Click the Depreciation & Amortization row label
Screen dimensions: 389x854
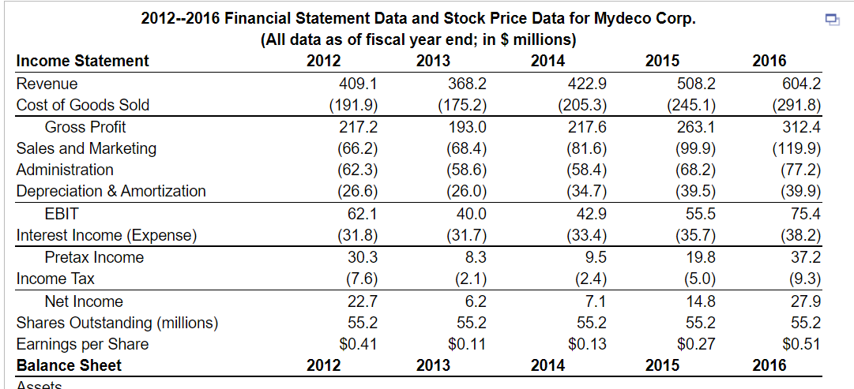click(111, 191)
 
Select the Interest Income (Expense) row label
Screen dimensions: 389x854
click(107, 235)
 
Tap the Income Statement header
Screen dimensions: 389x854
click(83, 62)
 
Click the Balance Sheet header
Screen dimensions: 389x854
click(70, 365)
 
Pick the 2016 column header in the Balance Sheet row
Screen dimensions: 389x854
click(769, 365)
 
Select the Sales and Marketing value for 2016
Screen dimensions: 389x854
click(799, 148)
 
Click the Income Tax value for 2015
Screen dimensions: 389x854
click(698, 279)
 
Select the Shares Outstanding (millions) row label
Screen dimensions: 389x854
click(118, 323)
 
